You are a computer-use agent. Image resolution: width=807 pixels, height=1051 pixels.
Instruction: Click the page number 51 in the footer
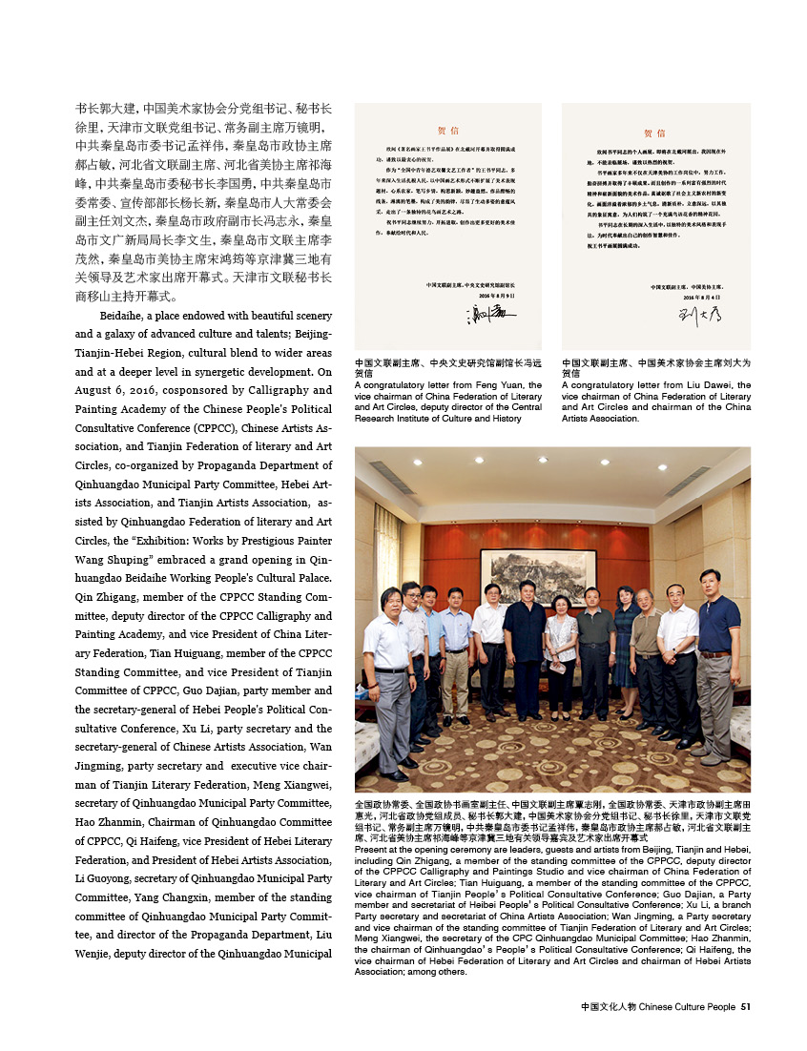(x=746, y=1005)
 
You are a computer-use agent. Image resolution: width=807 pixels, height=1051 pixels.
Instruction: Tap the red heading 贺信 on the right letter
(x=655, y=134)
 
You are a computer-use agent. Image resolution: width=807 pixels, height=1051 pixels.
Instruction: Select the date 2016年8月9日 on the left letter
(x=495, y=296)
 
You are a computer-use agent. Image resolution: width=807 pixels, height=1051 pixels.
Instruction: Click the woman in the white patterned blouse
(x=561, y=649)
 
